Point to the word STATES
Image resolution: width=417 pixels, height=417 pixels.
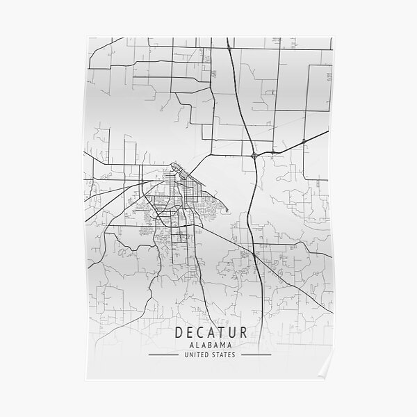(224, 354)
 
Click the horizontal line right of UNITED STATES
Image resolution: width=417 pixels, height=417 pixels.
(254, 354)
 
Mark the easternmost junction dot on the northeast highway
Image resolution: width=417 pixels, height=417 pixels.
(304, 142)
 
